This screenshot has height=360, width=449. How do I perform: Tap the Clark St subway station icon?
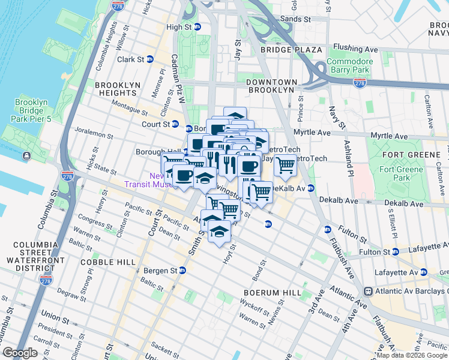pyautogui.click(x=149, y=59)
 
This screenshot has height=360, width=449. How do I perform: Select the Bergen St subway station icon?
pyautogui.click(x=182, y=271)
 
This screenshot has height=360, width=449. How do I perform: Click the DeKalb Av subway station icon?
pyautogui.click(x=311, y=188)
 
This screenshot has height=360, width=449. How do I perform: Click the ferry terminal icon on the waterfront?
pyautogui.click(x=27, y=156)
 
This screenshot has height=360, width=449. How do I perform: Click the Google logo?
pyautogui.click(x=20, y=353)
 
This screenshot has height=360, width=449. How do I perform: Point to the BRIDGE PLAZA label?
pyautogui.click(x=291, y=49)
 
